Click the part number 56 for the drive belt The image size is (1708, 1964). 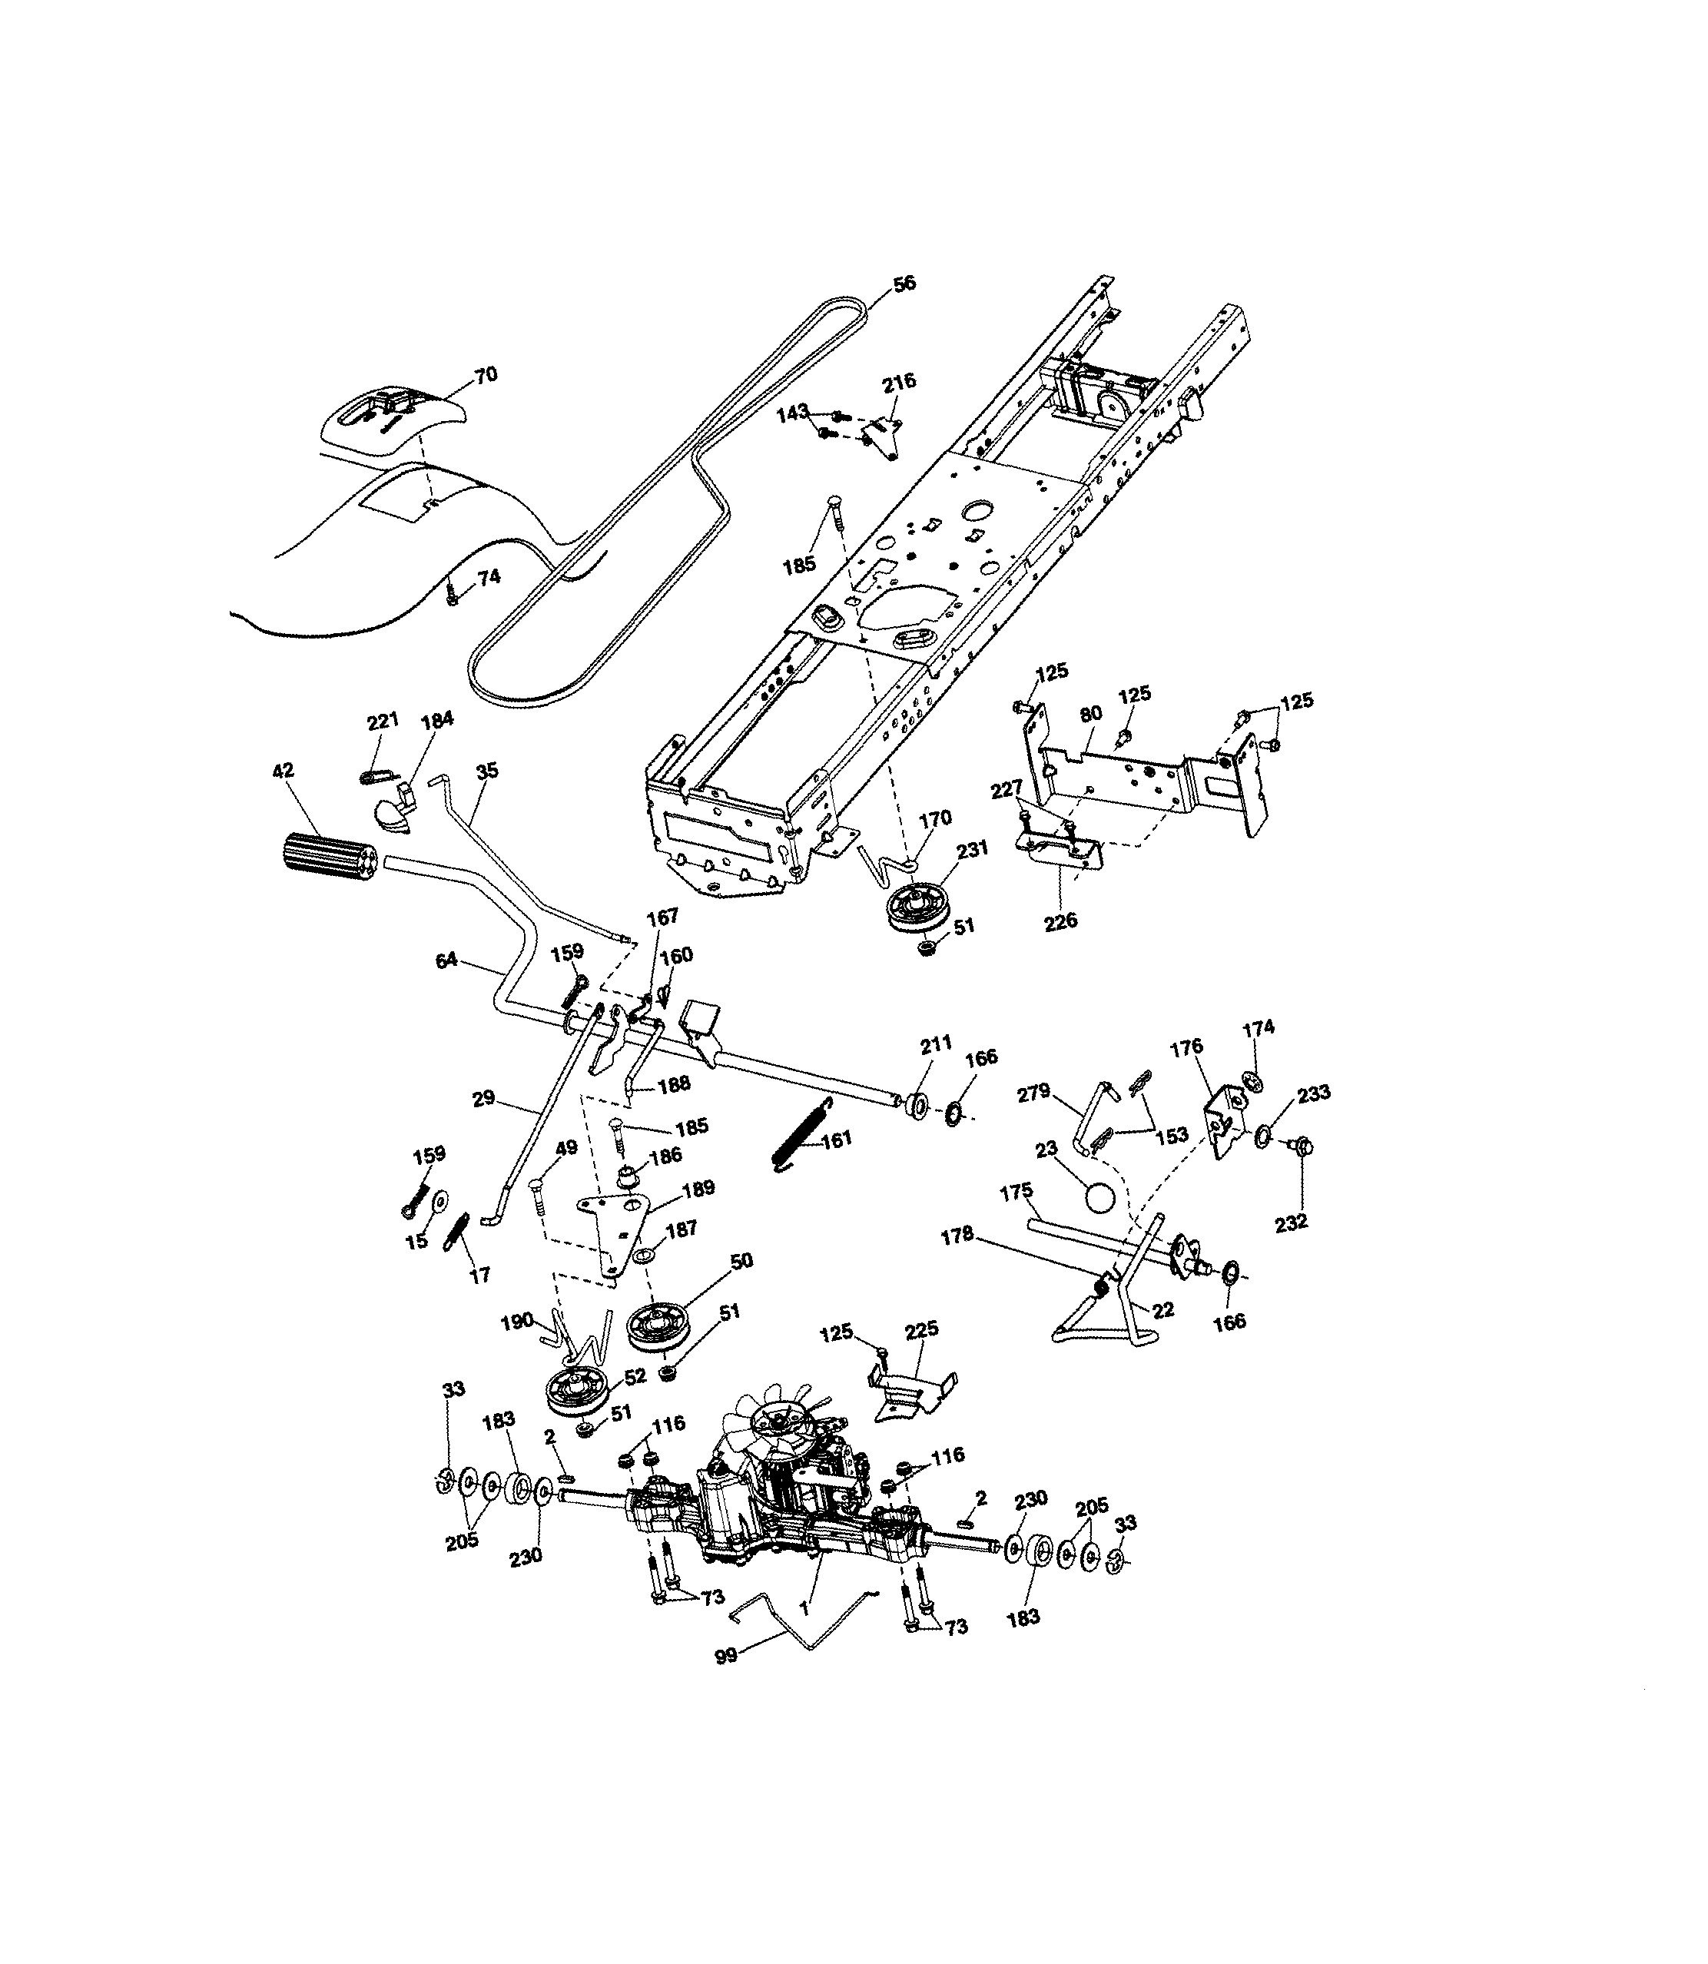click(x=904, y=283)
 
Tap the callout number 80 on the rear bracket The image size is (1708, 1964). click(x=1090, y=714)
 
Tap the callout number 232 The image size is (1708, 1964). click(x=1291, y=1223)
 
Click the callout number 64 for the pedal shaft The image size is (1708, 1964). click(x=446, y=960)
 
